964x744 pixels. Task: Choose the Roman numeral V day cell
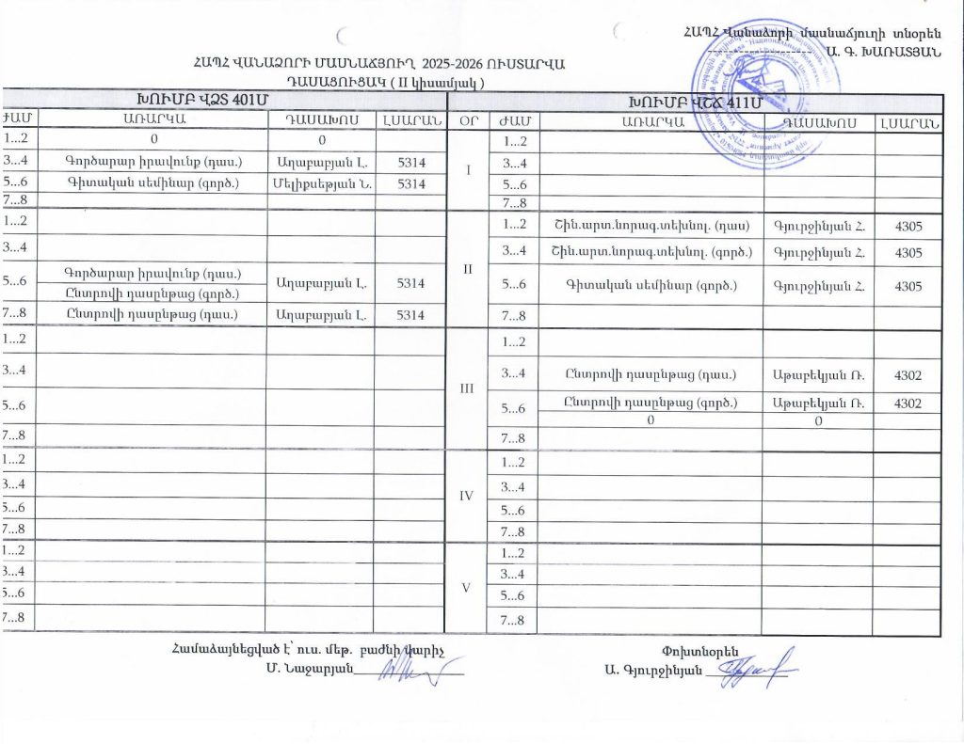coord(468,588)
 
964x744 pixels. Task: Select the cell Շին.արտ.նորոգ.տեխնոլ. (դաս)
coord(651,225)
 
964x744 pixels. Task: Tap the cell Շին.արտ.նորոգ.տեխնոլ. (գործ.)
coord(651,253)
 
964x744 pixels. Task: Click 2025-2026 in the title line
coord(461,64)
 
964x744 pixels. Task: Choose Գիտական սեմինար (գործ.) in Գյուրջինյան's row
coord(651,286)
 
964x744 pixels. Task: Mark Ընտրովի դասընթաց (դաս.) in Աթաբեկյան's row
coord(651,375)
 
